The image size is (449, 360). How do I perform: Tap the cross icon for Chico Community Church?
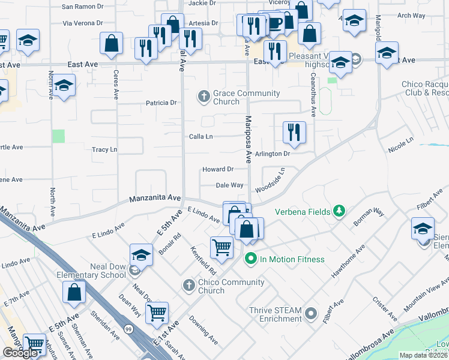[188, 284]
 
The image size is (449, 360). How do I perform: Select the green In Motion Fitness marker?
[251, 259]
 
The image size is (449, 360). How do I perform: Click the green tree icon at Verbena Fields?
[340, 211]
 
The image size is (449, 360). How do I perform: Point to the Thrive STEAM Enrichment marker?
[311, 313]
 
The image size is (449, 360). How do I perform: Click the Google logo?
[20, 353]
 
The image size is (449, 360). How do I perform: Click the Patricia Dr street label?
[161, 103]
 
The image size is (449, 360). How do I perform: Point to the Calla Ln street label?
[201, 136]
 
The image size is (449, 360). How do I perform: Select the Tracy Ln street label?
[104, 149]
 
